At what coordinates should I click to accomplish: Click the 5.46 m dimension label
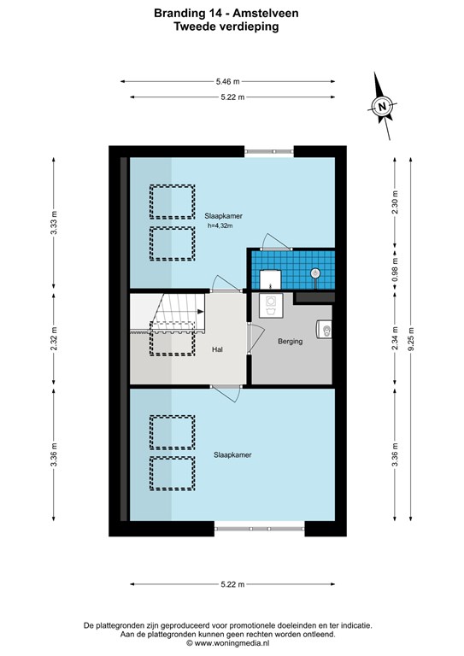(x=227, y=82)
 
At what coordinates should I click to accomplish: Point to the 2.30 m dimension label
(x=395, y=202)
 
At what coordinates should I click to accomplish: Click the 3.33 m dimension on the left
(x=54, y=224)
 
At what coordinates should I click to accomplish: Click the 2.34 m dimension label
(x=395, y=339)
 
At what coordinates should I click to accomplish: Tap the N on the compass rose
(x=382, y=106)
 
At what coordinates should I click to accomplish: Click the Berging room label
(x=290, y=342)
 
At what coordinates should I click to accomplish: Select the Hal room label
(x=217, y=349)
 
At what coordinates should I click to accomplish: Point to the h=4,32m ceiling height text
(x=220, y=225)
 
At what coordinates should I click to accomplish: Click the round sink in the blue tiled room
(x=315, y=273)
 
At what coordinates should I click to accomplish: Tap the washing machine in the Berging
(x=270, y=306)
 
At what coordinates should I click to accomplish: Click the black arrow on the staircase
(x=201, y=312)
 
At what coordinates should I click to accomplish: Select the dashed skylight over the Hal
(x=173, y=338)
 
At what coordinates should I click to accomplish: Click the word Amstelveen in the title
(x=266, y=13)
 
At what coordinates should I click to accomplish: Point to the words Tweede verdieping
(x=226, y=26)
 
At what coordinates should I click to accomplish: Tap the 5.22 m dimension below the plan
(x=232, y=584)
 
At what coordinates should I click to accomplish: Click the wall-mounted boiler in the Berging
(x=325, y=329)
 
